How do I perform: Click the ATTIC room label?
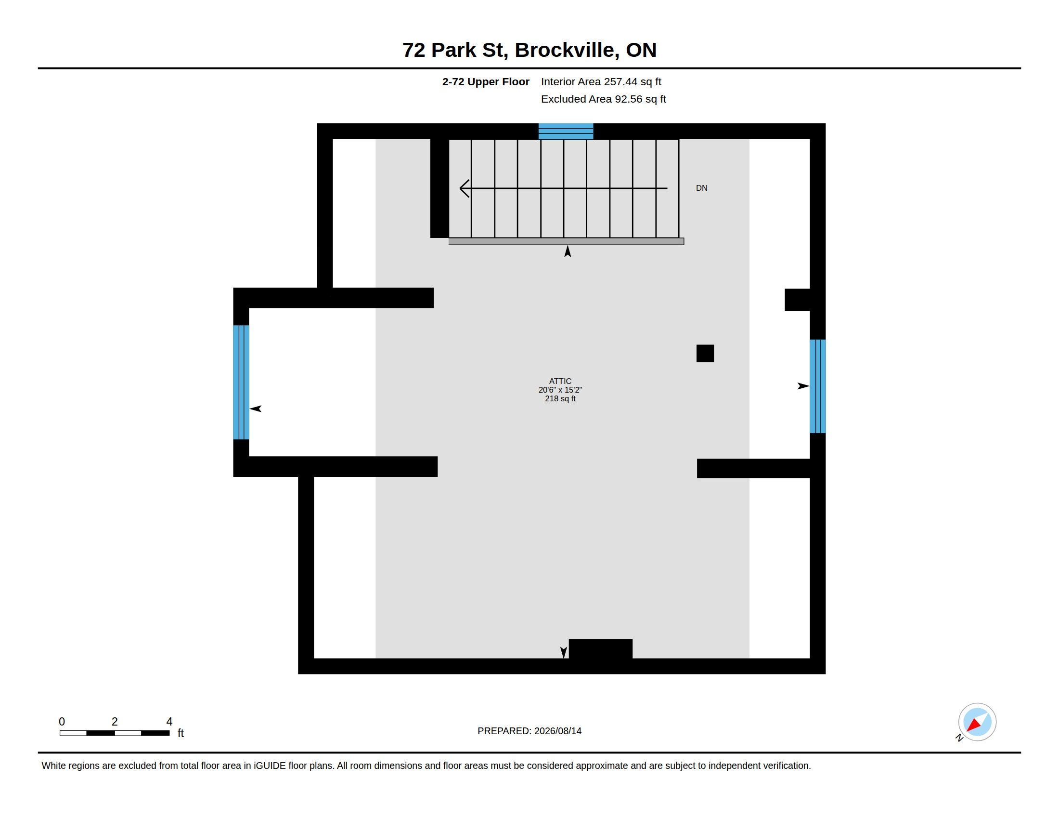[560, 381]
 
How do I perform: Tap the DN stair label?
[702, 188]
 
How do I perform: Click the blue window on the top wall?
[566, 132]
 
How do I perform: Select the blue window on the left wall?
[241, 383]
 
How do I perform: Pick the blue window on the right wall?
[817, 386]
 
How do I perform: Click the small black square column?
[705, 353]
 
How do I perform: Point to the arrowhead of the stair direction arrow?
[461, 188]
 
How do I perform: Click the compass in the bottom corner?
[977, 722]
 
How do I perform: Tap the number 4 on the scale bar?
[169, 722]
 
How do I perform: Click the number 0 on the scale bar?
[62, 722]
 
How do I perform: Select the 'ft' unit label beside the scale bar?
[181, 733]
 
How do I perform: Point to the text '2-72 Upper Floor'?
[486, 81]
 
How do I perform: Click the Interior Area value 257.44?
[620, 81]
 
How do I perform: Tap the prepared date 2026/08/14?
[558, 731]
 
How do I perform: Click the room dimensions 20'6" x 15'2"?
[560, 390]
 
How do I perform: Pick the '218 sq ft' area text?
[560, 398]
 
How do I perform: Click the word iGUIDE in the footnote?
[270, 766]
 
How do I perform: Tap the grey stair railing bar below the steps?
[567, 242]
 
